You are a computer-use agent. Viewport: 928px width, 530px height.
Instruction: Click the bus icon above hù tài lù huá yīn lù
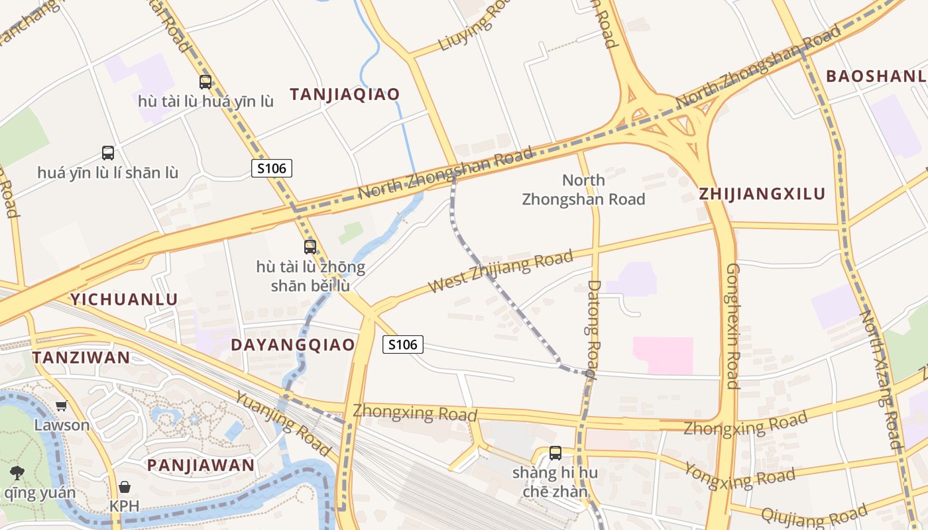205,82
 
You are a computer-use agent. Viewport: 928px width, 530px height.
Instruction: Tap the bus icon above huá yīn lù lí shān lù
108,153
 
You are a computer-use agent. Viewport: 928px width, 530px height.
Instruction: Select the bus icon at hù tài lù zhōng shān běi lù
310,247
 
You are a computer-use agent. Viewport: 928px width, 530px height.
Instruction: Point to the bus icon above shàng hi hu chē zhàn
555,453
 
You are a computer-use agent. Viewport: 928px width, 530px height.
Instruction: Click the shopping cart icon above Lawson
62,405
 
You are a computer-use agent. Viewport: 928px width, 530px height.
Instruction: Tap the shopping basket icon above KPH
125,487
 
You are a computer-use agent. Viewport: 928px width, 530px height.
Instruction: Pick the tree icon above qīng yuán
17,473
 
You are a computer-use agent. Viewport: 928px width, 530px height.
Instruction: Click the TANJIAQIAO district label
345,94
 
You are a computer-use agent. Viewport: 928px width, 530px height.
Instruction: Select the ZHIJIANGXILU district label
762,194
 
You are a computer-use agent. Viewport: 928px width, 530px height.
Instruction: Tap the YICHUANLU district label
124,299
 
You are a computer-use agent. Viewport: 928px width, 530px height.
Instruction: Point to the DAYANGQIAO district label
293,345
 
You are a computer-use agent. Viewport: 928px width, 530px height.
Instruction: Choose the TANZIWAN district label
82,358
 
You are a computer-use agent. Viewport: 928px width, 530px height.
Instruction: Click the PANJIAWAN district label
201,465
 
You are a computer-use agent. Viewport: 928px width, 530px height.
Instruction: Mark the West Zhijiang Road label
500,272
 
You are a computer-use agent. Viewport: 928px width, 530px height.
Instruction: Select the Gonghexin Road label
732,326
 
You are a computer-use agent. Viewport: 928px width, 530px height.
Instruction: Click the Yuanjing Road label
283,423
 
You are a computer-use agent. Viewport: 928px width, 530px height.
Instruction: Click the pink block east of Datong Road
663,355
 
